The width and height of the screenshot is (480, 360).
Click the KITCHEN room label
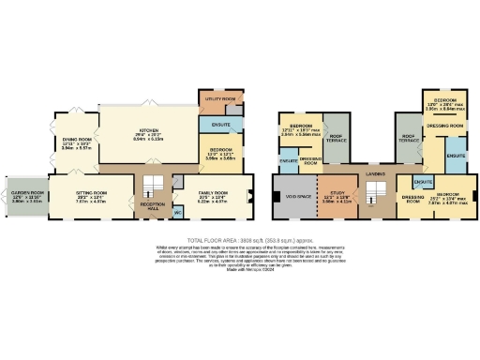148,130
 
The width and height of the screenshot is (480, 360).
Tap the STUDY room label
340,193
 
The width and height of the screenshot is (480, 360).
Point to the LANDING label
375,174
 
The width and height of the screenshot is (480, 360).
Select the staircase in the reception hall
153,183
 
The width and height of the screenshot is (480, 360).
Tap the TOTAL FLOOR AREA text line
239,238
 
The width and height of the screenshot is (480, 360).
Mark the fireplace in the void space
278,198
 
